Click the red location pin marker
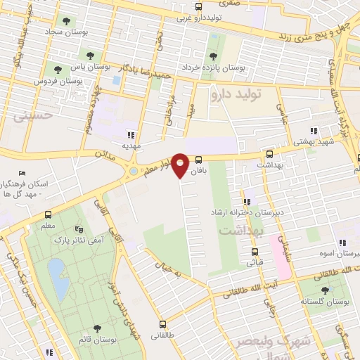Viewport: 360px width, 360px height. [x=181, y=165]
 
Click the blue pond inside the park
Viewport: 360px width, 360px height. [x=56, y=269]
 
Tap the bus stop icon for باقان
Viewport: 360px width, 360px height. [x=198, y=159]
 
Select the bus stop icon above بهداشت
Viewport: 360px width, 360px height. [x=269, y=154]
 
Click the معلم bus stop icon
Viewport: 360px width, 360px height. [x=48, y=215]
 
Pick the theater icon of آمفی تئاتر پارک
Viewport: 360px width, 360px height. [x=78, y=229]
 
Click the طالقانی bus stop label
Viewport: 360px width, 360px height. [x=164, y=336]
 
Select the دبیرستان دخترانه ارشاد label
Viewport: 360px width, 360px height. [x=242, y=212]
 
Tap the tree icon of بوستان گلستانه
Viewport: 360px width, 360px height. [x=324, y=290]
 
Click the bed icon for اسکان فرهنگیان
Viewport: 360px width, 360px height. [x=22, y=173]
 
